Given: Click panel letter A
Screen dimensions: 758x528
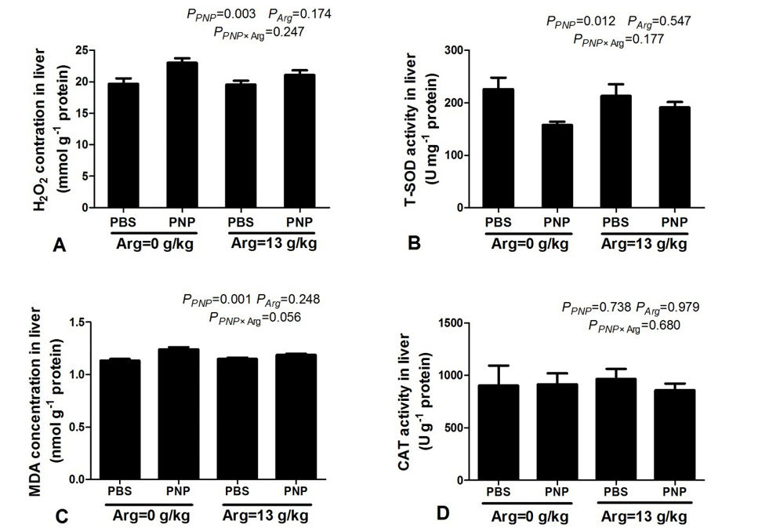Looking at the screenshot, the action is pyautogui.click(x=59, y=246).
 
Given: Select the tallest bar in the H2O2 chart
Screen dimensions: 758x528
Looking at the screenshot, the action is pyautogui.click(x=182, y=134).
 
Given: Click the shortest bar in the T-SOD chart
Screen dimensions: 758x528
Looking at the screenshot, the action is pyautogui.click(x=557, y=166).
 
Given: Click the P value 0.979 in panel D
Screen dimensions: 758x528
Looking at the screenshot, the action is pyautogui.click(x=680, y=307).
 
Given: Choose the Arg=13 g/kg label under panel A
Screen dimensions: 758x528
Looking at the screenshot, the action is pyautogui.click(x=274, y=243).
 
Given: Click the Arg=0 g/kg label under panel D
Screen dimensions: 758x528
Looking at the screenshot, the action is pyautogui.click(x=530, y=516).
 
